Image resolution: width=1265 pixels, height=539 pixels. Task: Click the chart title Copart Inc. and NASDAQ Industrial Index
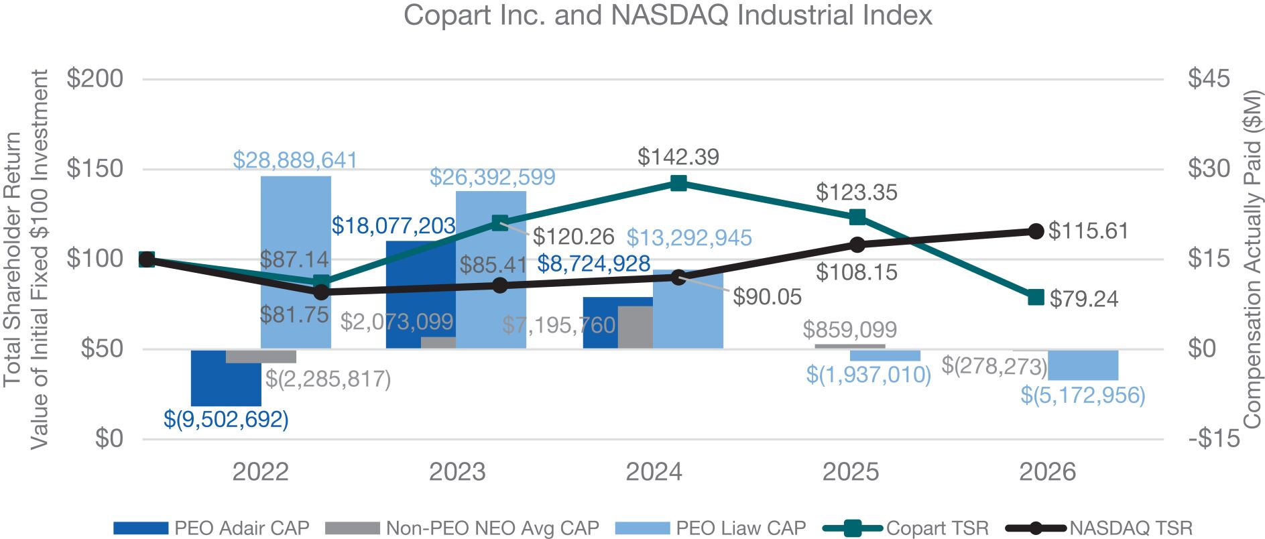667,15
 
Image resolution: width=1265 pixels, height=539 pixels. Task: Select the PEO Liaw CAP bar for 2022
296,262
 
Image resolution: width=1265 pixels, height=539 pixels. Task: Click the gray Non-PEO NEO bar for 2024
635,327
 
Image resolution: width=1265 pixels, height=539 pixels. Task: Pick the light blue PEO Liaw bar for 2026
1083,365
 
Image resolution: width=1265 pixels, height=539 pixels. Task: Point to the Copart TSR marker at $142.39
678,183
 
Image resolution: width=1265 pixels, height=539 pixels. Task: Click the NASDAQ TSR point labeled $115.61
1036,231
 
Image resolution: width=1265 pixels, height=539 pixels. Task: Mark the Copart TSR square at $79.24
1036,297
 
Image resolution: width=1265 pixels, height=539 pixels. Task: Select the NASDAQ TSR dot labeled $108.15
857,245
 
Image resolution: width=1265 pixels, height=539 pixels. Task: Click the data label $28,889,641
295,160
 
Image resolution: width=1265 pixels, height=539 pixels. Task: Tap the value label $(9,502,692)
226,420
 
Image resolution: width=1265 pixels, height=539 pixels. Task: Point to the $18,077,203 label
394,225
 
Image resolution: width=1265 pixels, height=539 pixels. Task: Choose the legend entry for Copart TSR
906,528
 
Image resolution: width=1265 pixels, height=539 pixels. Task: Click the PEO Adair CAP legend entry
211,528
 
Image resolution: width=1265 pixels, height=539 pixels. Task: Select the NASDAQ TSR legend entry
1099,528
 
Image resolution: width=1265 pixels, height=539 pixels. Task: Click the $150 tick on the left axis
95,168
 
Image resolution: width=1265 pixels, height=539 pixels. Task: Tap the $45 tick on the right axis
1209,78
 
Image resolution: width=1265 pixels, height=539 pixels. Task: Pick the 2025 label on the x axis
851,472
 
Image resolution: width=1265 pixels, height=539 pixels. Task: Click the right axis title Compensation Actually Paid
1252,259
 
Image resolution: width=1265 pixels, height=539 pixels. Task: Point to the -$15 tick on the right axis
1214,438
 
